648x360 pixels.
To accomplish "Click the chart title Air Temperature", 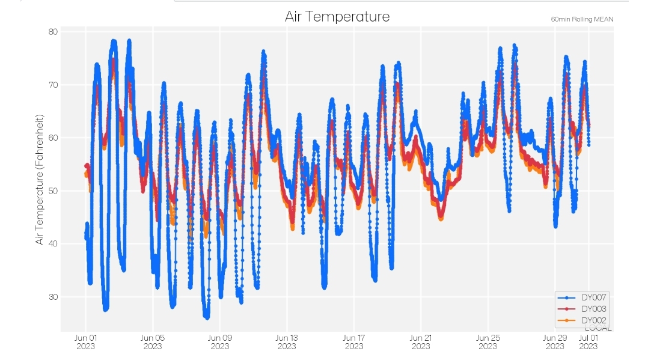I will (337, 16).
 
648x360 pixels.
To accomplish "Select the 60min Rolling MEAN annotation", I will (582, 19).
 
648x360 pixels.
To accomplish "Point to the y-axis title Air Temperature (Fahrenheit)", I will (40, 178).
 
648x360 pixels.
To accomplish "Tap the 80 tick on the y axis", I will (52, 32).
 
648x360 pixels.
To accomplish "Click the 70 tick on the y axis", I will (52, 85).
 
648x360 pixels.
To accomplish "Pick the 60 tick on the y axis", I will (52, 138).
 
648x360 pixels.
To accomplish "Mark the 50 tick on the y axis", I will (52, 191).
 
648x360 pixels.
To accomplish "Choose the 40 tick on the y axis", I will (52, 243).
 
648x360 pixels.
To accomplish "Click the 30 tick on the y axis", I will (52, 296).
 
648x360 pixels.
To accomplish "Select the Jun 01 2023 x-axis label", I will (85, 341).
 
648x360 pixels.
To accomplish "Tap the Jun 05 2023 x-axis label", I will (153, 341).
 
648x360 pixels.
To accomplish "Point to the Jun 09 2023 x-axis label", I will (220, 341).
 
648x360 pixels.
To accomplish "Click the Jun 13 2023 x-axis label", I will (287, 341).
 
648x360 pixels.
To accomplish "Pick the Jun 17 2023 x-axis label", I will (354, 341).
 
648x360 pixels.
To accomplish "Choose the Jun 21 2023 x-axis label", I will (421, 341).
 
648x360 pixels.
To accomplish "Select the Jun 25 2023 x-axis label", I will (488, 341).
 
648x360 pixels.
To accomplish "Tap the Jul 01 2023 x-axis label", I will (588, 341).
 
